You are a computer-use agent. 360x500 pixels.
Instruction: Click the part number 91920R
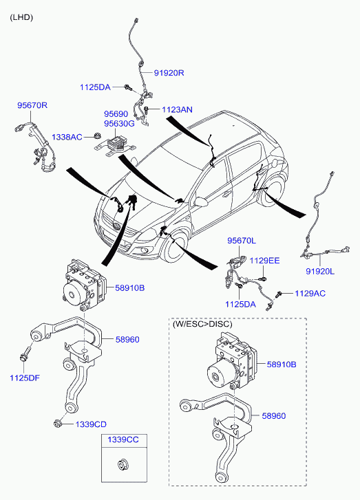(169, 72)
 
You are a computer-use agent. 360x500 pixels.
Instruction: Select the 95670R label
(32, 105)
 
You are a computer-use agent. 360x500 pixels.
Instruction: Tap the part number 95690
(116, 113)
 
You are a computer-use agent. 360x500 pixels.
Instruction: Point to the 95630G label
(119, 123)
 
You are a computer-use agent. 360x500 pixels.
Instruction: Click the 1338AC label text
(67, 137)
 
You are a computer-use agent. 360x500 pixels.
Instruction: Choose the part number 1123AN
(178, 109)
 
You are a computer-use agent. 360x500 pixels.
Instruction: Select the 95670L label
(242, 241)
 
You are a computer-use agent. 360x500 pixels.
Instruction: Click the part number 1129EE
(264, 261)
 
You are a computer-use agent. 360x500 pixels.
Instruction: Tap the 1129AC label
(310, 294)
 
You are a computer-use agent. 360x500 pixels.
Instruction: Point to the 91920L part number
(320, 272)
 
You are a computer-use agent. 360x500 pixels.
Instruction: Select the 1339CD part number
(91, 424)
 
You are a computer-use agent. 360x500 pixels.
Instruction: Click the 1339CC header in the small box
(123, 439)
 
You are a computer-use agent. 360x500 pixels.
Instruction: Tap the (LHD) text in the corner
(21, 17)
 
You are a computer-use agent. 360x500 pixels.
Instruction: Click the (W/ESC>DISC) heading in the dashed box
(203, 323)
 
